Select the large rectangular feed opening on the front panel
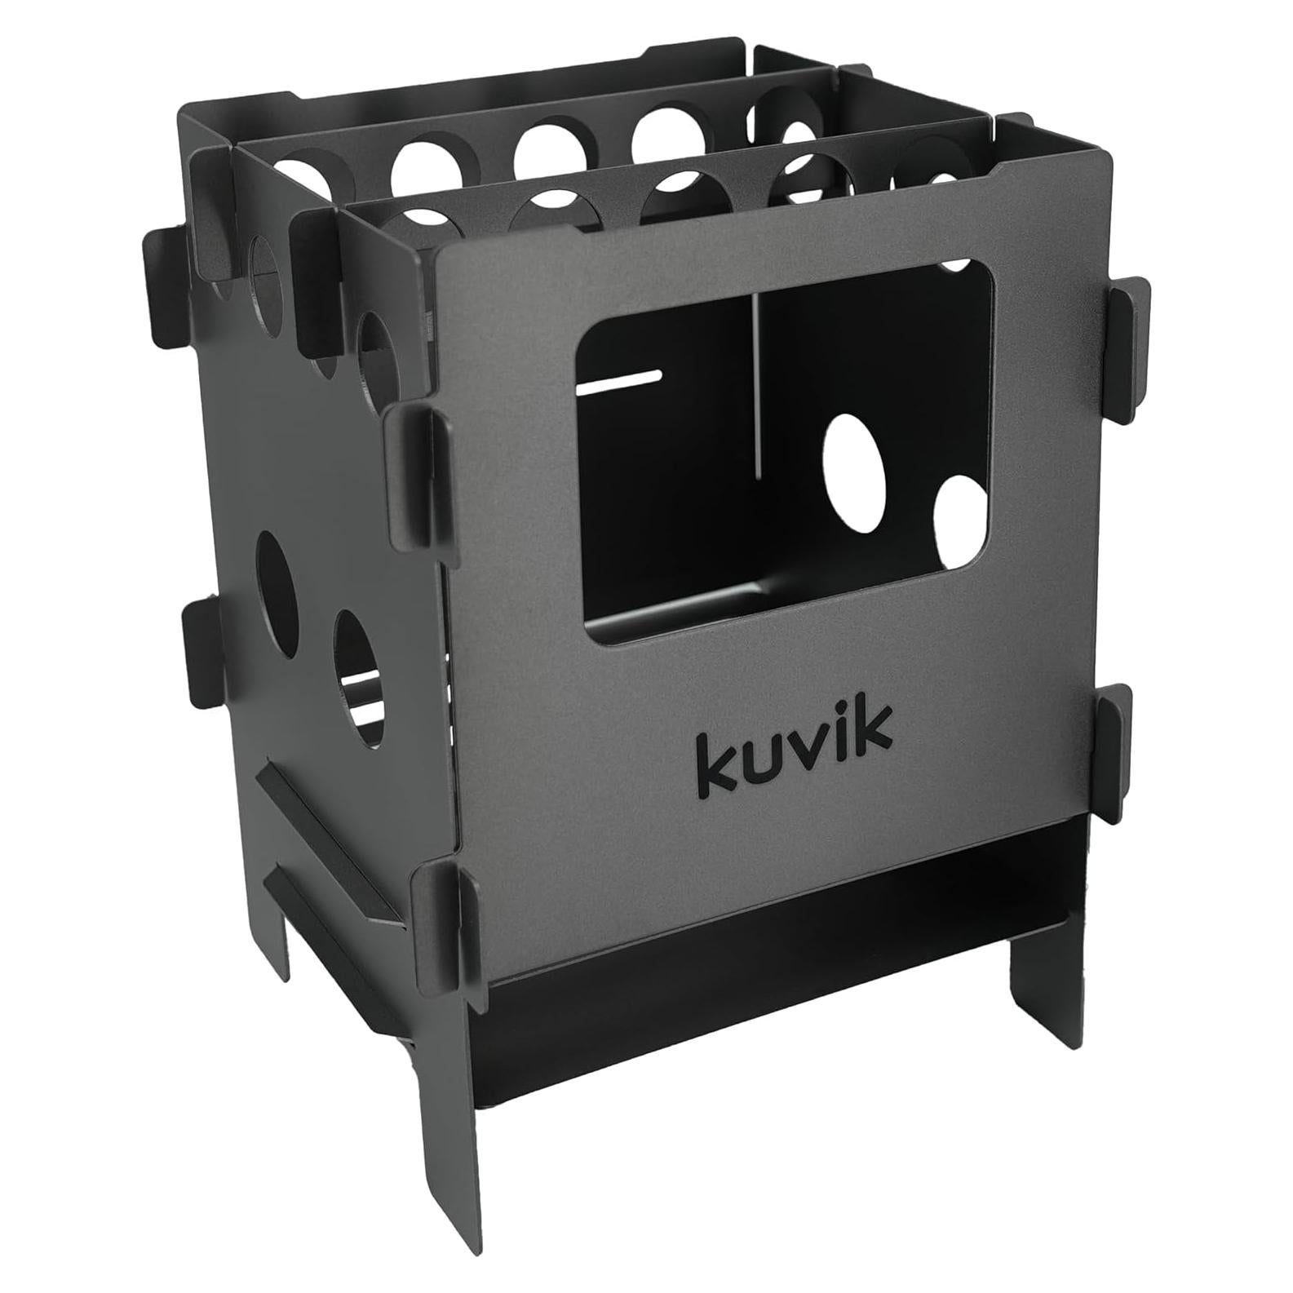pyautogui.click(x=783, y=457)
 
